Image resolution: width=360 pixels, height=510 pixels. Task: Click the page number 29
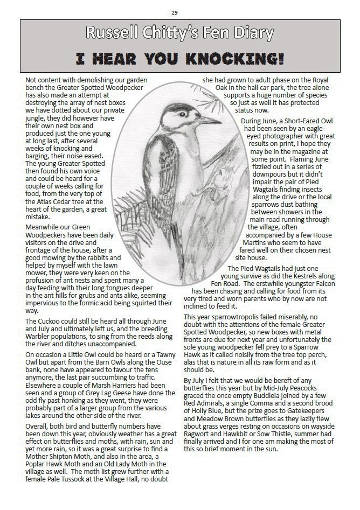pos(175,12)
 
